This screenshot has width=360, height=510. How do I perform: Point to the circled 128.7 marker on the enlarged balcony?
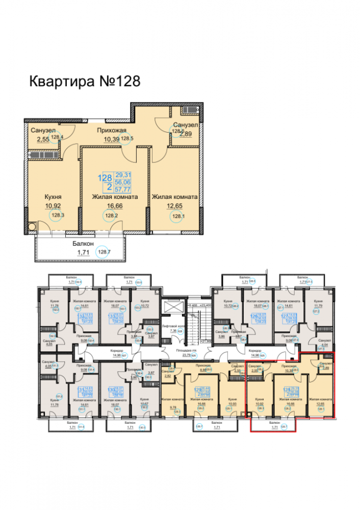[104, 252]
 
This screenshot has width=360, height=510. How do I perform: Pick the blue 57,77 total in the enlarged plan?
[122, 188]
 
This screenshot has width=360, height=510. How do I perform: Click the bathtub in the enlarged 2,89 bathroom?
[188, 110]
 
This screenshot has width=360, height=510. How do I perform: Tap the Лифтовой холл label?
[172, 325]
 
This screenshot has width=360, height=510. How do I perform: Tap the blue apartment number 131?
[81, 390]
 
